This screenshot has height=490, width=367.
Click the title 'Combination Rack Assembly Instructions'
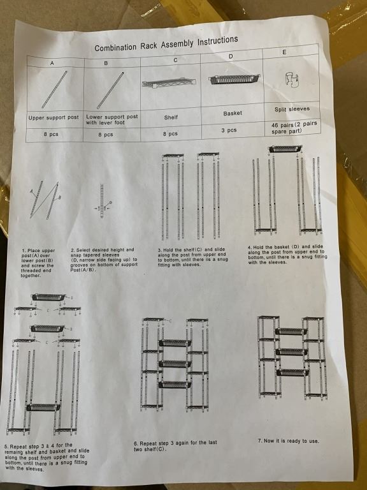click(x=166, y=44)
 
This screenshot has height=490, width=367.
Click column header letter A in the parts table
click(x=52, y=63)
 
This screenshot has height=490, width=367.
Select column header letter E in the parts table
click(x=284, y=52)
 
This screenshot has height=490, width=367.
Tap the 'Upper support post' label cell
click(x=54, y=117)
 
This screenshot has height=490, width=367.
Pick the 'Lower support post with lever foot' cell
click(x=112, y=119)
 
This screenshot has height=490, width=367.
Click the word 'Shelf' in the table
click(x=171, y=117)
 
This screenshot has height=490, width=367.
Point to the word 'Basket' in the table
click(x=233, y=113)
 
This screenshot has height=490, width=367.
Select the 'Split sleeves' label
click(x=292, y=109)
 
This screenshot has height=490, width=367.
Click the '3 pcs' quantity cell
click(x=229, y=130)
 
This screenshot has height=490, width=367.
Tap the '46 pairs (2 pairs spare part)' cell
click(x=294, y=128)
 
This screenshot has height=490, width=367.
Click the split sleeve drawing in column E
click(x=291, y=80)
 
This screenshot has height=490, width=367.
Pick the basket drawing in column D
click(x=234, y=79)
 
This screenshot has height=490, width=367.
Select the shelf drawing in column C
click(x=169, y=83)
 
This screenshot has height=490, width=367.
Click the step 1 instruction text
click(x=38, y=263)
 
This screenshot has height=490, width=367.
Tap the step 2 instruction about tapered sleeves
click(x=104, y=260)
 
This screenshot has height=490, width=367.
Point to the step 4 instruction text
click(x=287, y=255)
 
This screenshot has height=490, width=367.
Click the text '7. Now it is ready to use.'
click(x=289, y=441)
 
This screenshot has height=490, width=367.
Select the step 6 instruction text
click(x=175, y=446)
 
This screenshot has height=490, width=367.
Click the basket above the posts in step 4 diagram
click(x=285, y=149)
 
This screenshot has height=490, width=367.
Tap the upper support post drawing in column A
click(x=54, y=90)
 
